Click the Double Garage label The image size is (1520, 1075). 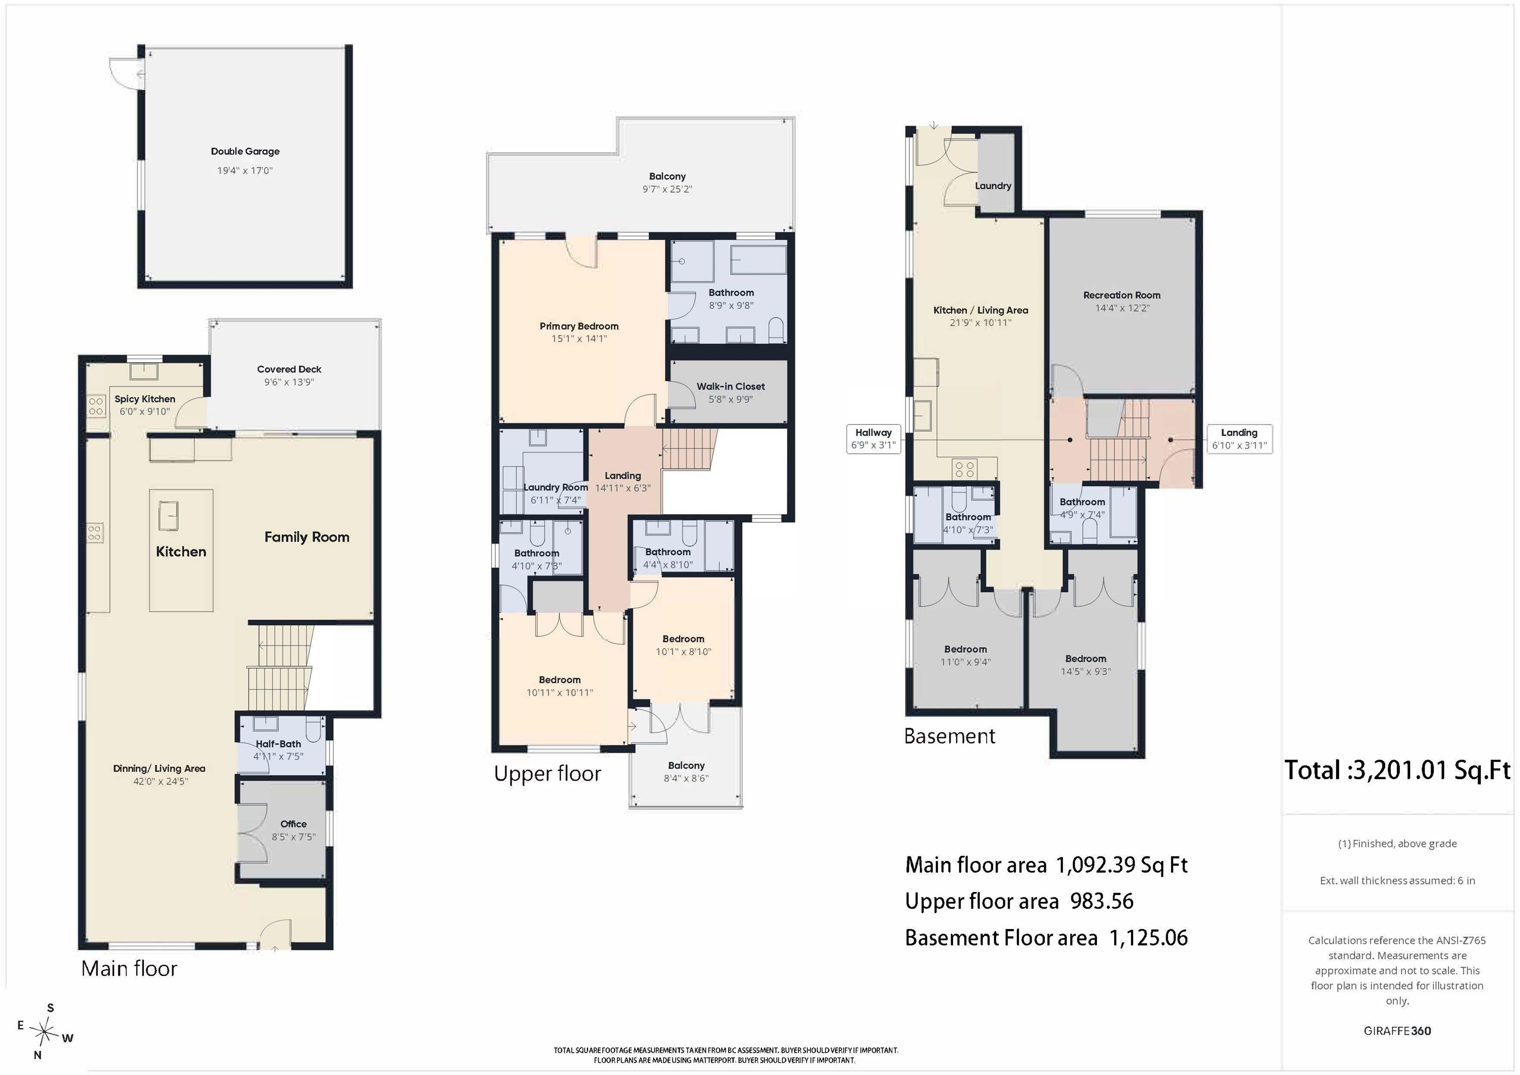click(x=245, y=151)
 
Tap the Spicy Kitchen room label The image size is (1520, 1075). click(x=145, y=399)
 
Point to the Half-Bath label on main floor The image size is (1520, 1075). click(x=278, y=744)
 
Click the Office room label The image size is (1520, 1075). click(x=293, y=824)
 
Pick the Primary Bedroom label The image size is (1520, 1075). click(x=579, y=327)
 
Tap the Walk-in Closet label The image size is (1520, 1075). click(x=730, y=386)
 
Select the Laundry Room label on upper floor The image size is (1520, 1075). click(x=556, y=487)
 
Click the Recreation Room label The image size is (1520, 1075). click(x=1122, y=295)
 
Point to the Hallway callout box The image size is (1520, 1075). click(x=873, y=439)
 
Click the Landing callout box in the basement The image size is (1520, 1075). click(x=1239, y=439)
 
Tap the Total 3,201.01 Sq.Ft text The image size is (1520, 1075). click(x=1397, y=770)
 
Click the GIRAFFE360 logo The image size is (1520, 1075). click(x=1397, y=1030)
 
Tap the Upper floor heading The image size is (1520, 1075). click(x=548, y=773)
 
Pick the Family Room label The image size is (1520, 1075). click(x=306, y=537)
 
